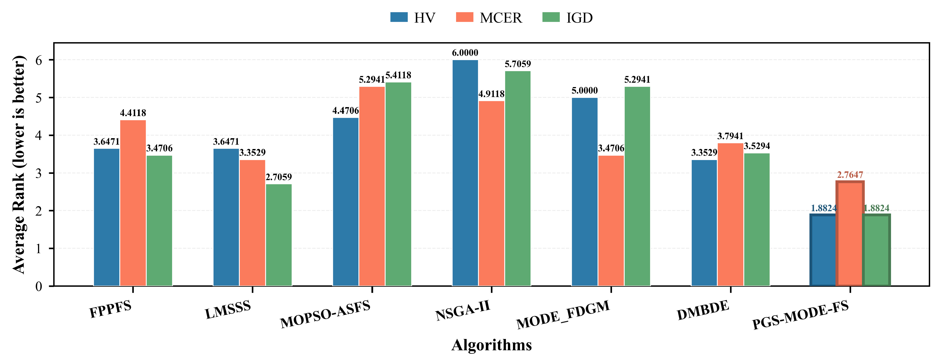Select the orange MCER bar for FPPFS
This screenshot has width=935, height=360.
point(133,203)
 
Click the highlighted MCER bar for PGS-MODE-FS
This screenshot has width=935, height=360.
point(850,233)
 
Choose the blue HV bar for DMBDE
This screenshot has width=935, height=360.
point(704,223)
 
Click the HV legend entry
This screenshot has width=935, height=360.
point(413,18)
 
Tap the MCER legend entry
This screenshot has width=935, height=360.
point(489,18)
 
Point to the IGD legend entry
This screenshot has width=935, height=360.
point(568,18)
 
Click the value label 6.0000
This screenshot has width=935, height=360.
point(465,53)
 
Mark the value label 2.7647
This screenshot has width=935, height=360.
point(850,175)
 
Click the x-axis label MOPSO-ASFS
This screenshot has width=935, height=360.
point(325,314)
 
